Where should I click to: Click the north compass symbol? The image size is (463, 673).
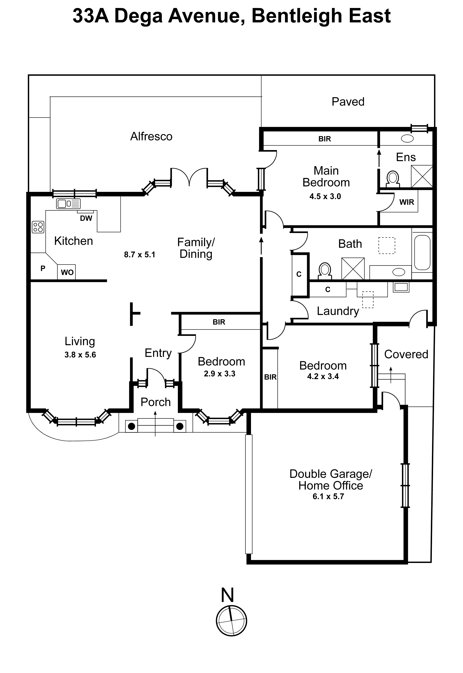pos(231,621)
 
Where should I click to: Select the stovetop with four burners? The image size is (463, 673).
pos(38,227)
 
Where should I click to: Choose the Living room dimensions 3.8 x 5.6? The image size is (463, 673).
pos(80,355)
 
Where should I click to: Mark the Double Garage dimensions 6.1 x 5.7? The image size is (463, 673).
pos(328,496)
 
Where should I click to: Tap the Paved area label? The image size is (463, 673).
pos(348,102)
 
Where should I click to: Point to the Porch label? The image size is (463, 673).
pos(156,402)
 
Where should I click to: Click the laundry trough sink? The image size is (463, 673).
pos(401,287)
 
